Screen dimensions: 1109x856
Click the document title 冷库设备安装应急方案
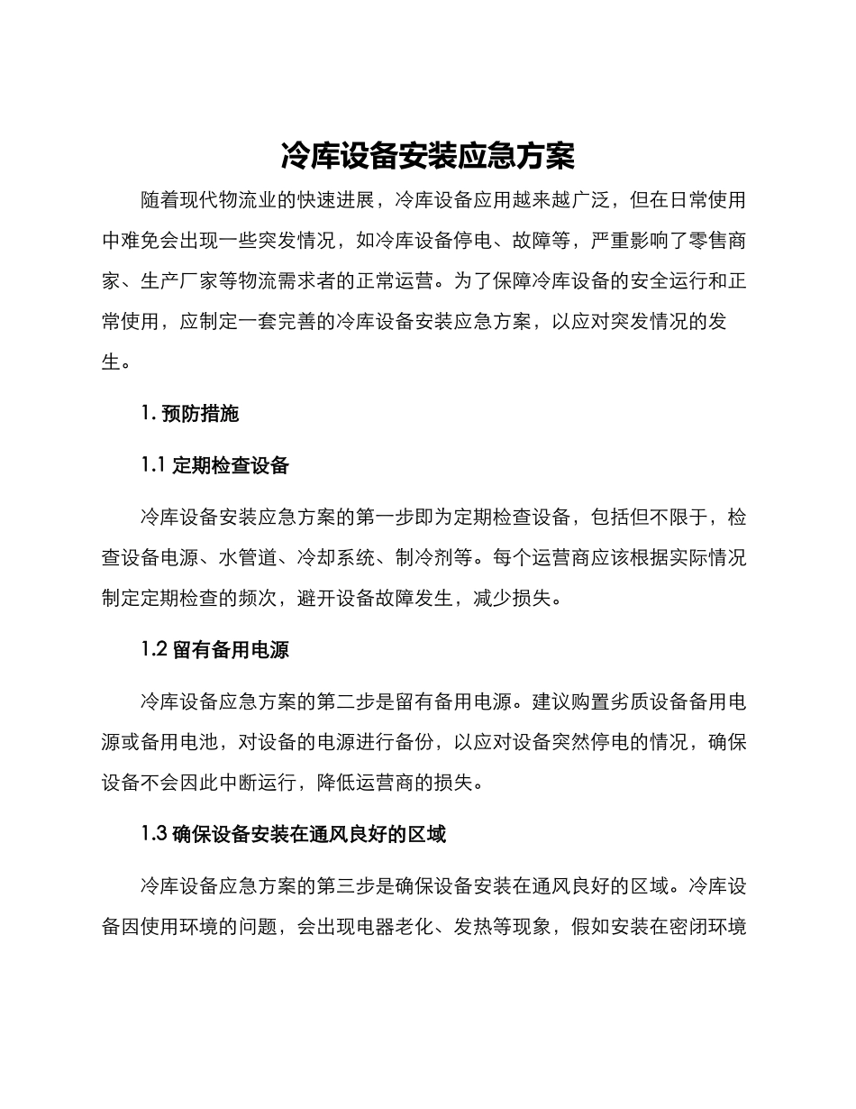pyautogui.click(x=428, y=156)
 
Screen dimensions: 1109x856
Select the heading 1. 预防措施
pyautogui.click(x=190, y=414)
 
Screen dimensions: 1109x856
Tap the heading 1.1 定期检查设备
pyautogui.click(x=215, y=465)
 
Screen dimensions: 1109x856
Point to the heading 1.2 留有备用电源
pyautogui.click(x=215, y=649)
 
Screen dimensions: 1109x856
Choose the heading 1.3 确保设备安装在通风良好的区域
pyautogui.click(x=294, y=834)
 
